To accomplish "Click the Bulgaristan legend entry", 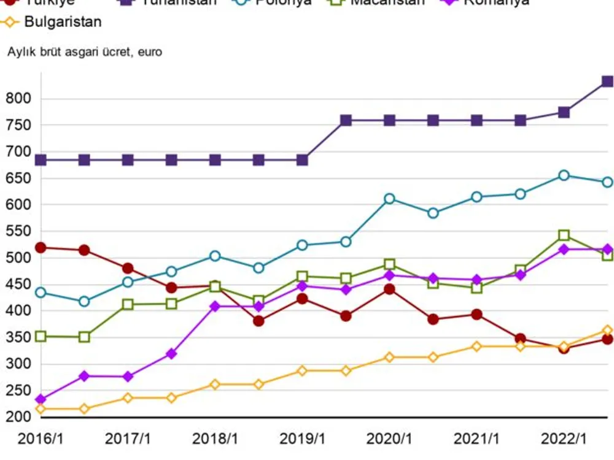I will pyautogui.click(x=63, y=23).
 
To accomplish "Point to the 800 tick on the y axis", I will pyautogui.click(x=19, y=99).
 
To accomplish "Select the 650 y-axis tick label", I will pyautogui.click(x=19, y=178).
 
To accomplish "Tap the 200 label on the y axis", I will pyautogui.click(x=19, y=417).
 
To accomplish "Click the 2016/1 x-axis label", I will pyautogui.click(x=41, y=439).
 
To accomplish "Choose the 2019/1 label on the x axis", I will pyautogui.click(x=302, y=439).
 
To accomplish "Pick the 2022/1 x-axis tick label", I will pyautogui.click(x=564, y=439).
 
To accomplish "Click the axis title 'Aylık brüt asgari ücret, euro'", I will pyautogui.click(x=85, y=52).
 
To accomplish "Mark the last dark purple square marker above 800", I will pyautogui.click(x=607, y=81).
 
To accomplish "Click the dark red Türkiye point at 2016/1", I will pyautogui.click(x=41, y=248).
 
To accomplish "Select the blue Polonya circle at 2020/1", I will pyautogui.click(x=389, y=199).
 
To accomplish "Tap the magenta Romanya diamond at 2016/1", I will pyautogui.click(x=41, y=400).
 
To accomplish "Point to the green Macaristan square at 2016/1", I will pyautogui.click(x=41, y=336).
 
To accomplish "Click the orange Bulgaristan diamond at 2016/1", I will pyautogui.click(x=41, y=408).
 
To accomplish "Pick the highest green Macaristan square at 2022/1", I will pyautogui.click(x=564, y=236).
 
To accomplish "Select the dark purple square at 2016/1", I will pyautogui.click(x=41, y=160).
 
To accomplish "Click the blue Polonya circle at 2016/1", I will pyautogui.click(x=41, y=293).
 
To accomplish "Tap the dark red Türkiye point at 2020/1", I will pyautogui.click(x=389, y=289).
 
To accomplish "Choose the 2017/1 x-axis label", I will pyautogui.click(x=128, y=439).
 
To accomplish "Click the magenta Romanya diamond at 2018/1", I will pyautogui.click(x=215, y=306).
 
